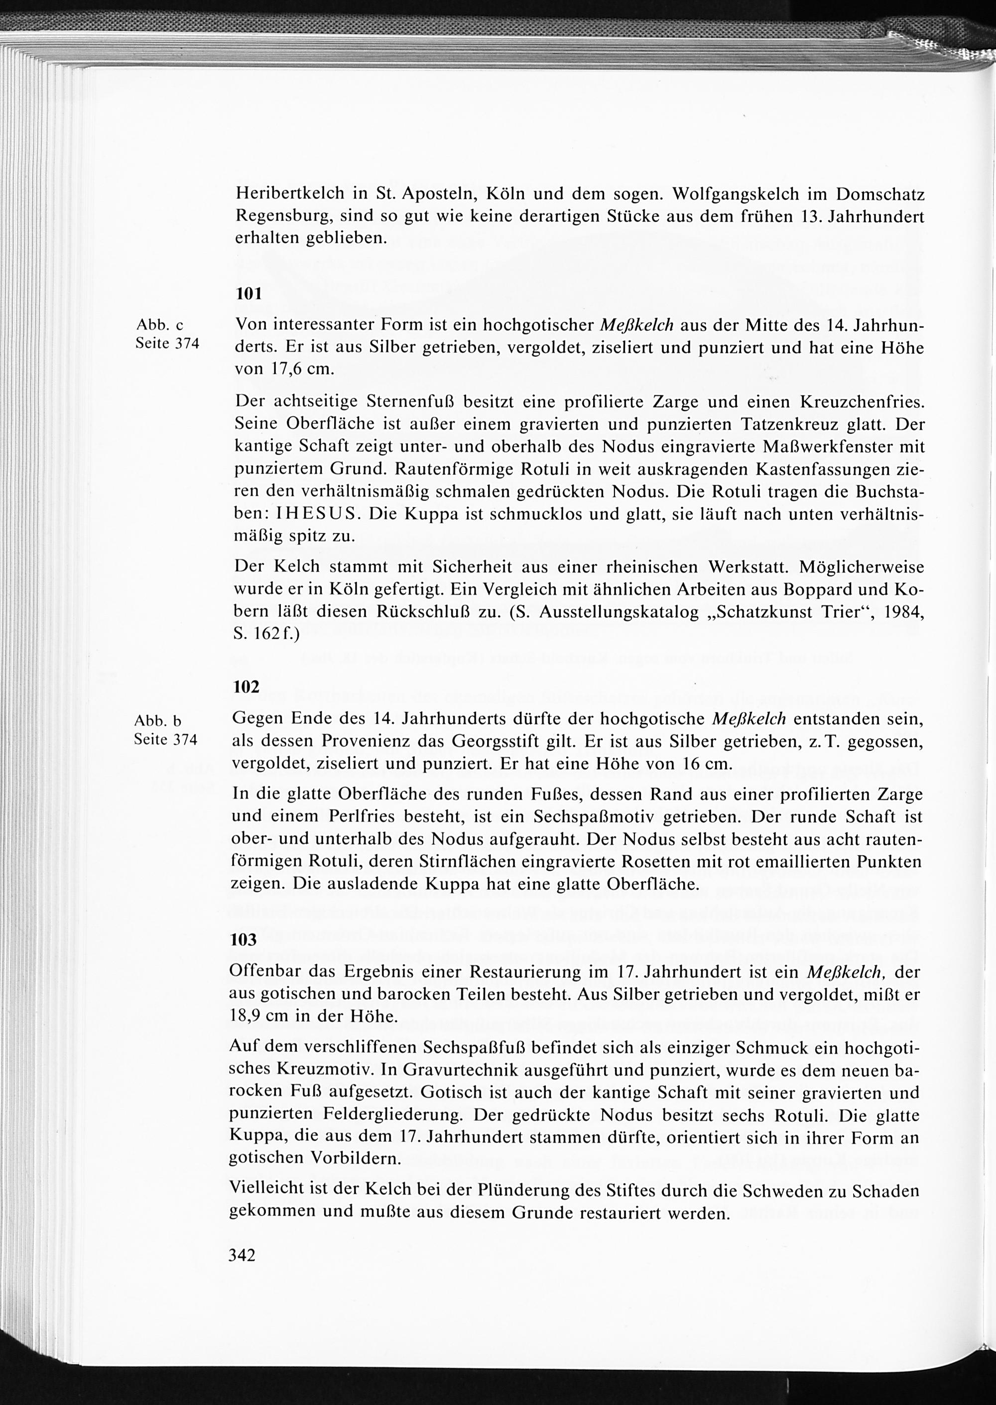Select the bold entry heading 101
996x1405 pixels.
click(249, 294)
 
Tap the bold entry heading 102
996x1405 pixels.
click(247, 687)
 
